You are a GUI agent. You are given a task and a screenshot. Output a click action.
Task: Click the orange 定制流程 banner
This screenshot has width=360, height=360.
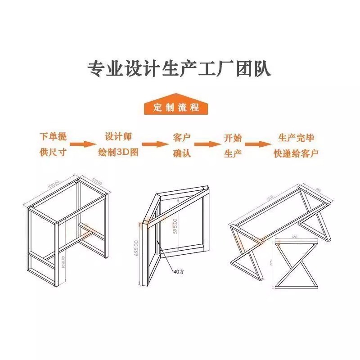[176, 108]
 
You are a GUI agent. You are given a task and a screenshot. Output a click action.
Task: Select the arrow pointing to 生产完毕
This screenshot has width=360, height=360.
[258, 144]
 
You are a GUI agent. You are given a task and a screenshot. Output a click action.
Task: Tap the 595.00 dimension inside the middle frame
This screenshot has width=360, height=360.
[175, 224]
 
